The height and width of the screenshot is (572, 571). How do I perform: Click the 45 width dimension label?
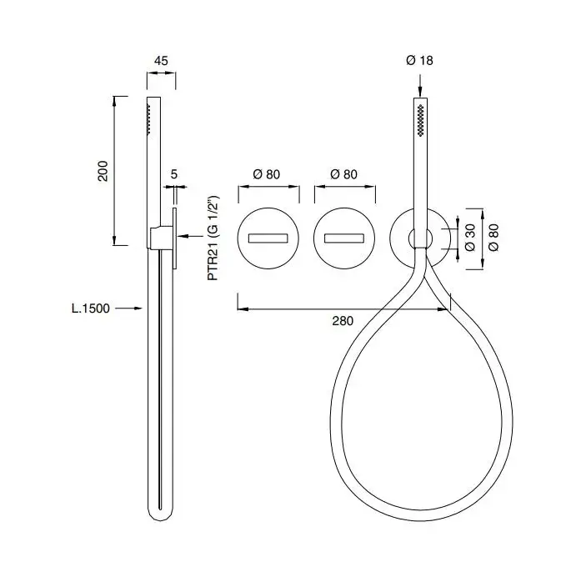click(x=161, y=61)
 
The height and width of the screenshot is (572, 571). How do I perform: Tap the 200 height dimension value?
click(x=103, y=171)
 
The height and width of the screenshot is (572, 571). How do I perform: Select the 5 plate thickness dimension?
click(x=174, y=174)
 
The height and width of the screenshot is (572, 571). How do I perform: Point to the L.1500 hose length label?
click(x=91, y=309)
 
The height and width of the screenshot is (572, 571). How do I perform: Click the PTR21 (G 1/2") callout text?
click(x=213, y=238)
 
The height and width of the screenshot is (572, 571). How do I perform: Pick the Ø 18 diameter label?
click(x=419, y=61)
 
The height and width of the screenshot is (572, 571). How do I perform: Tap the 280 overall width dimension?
click(x=343, y=321)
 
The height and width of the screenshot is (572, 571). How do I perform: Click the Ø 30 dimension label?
click(x=470, y=238)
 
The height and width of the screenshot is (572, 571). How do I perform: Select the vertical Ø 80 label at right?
click(x=493, y=238)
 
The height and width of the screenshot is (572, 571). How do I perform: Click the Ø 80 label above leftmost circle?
click(x=267, y=174)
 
